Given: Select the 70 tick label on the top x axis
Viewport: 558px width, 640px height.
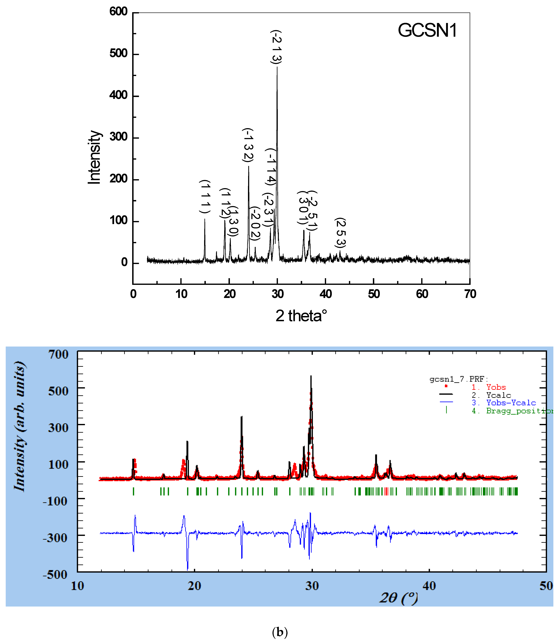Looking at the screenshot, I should pos(470,294).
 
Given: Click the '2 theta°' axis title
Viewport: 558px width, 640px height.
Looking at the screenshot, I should pos(301,316).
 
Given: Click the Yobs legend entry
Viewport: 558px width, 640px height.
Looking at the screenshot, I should pos(496,387).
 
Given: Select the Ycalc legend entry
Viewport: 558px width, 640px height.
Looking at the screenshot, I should pos(498,395).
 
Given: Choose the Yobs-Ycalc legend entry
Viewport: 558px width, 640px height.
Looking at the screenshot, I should pos(511,403).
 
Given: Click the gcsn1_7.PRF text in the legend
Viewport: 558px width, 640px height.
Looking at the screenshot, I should pos(459,379).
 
